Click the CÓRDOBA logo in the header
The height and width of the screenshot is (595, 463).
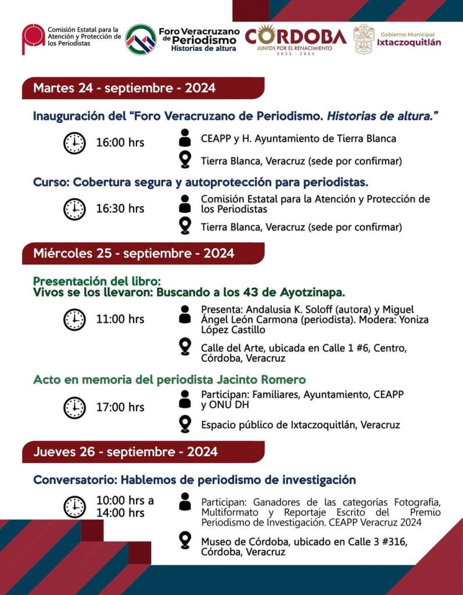coord(295,38)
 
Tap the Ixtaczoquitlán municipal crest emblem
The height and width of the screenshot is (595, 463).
coord(364,40)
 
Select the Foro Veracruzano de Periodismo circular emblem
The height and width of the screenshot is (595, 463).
coord(141,40)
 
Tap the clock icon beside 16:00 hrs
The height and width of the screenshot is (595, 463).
coord(74,143)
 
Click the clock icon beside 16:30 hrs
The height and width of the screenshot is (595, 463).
coord(74,209)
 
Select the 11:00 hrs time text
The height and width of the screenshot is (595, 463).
coord(120,319)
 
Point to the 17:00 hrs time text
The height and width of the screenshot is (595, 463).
coord(120,407)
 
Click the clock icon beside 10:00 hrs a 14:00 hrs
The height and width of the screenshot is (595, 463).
coord(74,507)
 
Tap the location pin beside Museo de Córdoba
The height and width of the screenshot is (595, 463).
coord(185,540)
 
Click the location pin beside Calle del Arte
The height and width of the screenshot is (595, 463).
coord(185,347)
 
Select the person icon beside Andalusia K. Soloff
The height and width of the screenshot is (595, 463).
coord(185,314)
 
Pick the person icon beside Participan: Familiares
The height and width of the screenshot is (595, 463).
coord(185,399)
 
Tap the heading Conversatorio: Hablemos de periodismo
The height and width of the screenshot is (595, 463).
coord(194,480)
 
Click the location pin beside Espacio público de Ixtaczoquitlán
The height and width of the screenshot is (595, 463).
coord(185,424)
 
